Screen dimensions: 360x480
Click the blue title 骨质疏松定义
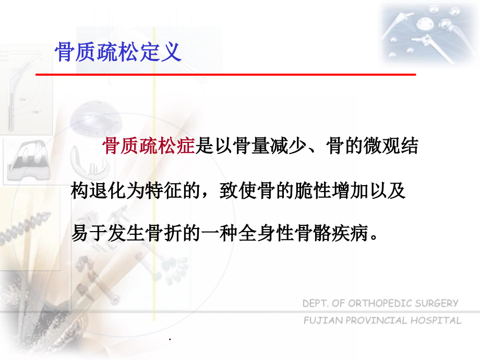click(118, 53)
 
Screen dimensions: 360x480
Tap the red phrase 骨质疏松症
click(149, 147)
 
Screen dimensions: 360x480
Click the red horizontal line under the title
click(225, 75)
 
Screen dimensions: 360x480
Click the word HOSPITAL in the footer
click(436, 320)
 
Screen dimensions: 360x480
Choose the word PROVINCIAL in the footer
click(375, 320)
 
